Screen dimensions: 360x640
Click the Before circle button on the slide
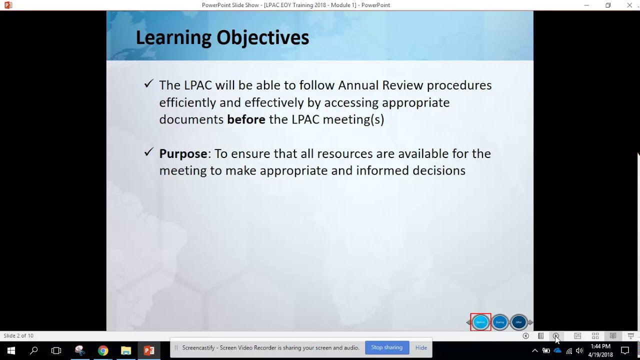[x=480, y=322]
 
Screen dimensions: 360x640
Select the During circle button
[x=500, y=322]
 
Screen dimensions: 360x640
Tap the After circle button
[x=519, y=322]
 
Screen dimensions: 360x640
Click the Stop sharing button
[x=386, y=347]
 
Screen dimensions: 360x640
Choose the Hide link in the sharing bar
[x=421, y=347]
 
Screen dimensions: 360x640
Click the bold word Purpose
[x=183, y=153]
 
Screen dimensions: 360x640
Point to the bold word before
[x=246, y=119]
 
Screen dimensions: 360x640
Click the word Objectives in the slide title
[x=262, y=37]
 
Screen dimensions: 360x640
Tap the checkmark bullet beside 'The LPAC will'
[x=148, y=84]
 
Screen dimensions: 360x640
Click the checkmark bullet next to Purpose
[x=148, y=152]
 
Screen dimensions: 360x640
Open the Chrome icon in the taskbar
[x=103, y=350]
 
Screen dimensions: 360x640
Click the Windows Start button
[x=11, y=350]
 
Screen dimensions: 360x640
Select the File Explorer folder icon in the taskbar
[x=126, y=350]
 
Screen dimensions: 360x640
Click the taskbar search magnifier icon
[x=34, y=350]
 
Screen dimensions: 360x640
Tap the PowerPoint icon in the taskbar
[x=149, y=350]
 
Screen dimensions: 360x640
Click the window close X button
[x=629, y=5]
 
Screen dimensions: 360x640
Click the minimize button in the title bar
[x=586, y=5]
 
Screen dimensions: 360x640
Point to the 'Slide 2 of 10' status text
[x=18, y=335]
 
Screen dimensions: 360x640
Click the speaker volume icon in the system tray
[x=579, y=351]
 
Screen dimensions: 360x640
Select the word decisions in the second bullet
[x=438, y=170]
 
